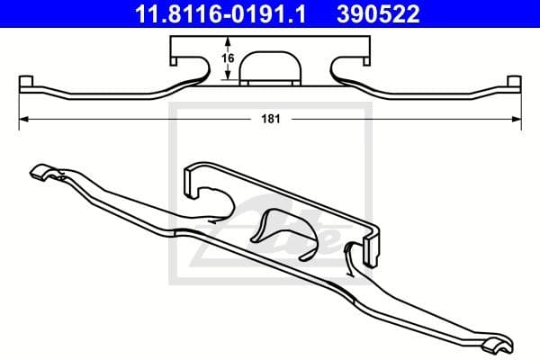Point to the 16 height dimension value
coord(229,58)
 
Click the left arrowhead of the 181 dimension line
coord(24,118)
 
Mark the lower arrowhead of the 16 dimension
coord(229,79)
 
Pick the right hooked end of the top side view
coord(513,84)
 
